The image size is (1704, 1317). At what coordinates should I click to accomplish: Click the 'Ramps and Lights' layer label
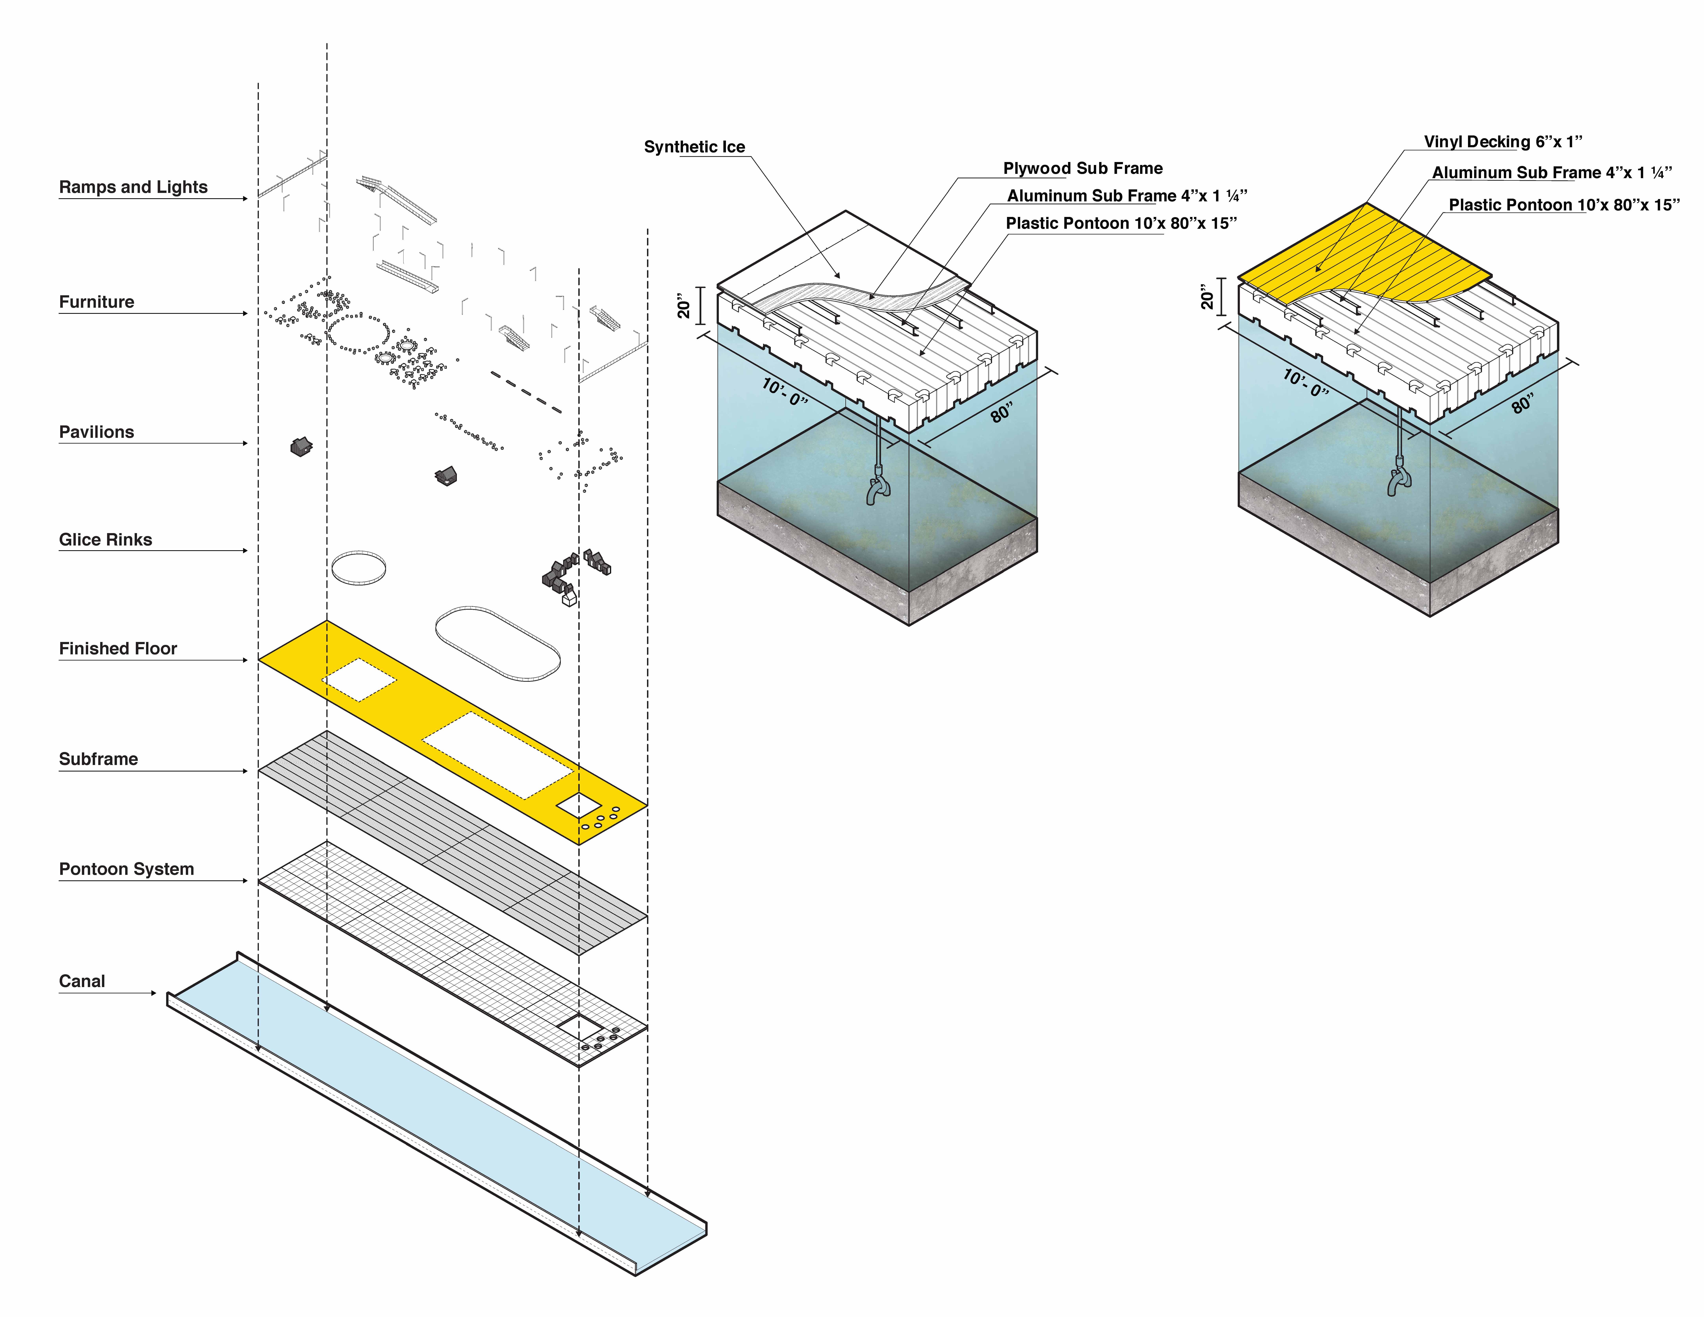tap(133, 187)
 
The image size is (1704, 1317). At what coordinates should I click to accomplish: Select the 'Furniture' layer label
tap(97, 302)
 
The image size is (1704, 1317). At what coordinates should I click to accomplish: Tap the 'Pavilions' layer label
tap(97, 432)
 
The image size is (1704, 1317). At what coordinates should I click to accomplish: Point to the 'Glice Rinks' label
tap(105, 540)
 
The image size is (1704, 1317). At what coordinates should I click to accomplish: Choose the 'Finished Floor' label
tap(118, 648)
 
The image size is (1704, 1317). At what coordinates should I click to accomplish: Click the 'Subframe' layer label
tap(98, 759)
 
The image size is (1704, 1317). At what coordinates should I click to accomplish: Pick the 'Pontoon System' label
tap(126, 869)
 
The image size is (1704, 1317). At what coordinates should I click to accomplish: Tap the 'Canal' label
tap(82, 982)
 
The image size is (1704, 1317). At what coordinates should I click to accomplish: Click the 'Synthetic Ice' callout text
tap(694, 147)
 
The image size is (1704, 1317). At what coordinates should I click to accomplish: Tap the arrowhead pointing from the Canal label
tap(153, 993)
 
